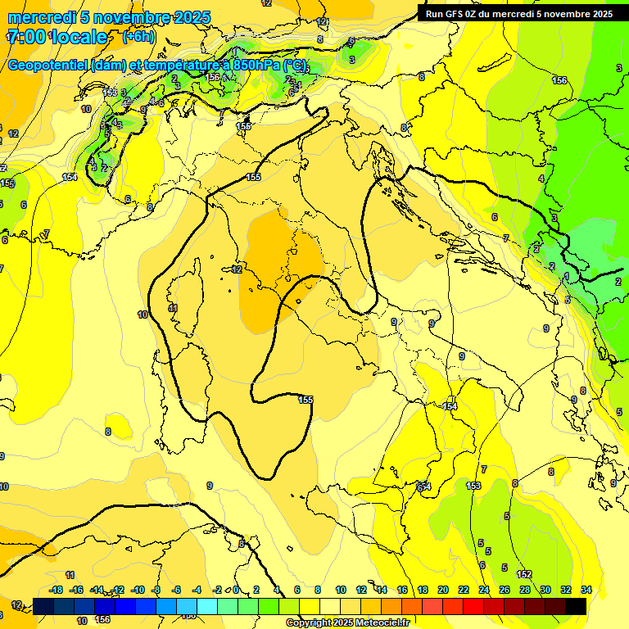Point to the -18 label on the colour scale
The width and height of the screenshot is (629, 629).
pyautogui.click(x=56, y=590)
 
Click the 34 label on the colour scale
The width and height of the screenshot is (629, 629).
pyautogui.click(x=586, y=590)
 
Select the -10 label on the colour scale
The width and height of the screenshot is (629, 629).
pyautogui.click(x=138, y=590)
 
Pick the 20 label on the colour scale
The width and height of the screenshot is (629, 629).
pyautogui.click(x=443, y=590)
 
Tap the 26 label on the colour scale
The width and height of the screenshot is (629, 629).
pyautogui.click(x=505, y=590)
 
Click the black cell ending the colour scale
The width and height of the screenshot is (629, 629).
pyautogui.click(x=576, y=606)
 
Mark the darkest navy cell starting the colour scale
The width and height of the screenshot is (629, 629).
pyautogui.click(x=43, y=606)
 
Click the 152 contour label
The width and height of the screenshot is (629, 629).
pyautogui.click(x=524, y=574)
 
